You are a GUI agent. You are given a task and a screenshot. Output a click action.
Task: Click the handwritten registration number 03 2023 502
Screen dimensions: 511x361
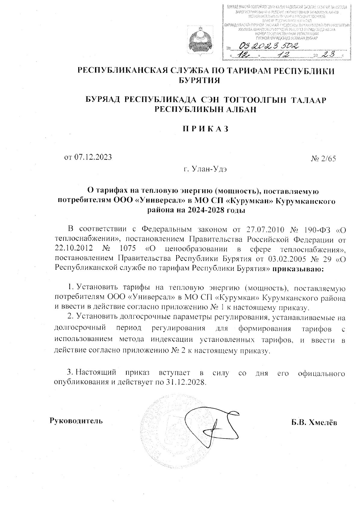point(268,46)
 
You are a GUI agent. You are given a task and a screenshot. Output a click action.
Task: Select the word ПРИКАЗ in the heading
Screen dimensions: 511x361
point(206,129)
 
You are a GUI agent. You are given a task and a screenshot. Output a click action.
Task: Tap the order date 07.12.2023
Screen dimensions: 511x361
point(92,157)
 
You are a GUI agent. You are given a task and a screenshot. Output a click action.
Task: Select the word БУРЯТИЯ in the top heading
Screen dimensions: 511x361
point(198,80)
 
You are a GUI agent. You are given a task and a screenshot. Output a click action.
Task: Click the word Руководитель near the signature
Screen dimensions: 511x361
point(76,420)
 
